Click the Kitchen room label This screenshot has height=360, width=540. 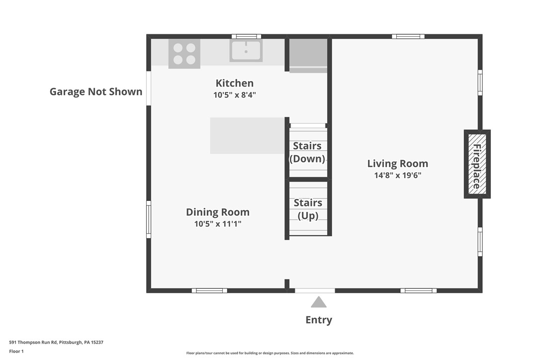[234, 83]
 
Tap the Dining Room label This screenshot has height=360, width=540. [218, 212]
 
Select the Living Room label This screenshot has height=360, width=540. [397, 163]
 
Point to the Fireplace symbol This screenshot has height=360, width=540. [477, 164]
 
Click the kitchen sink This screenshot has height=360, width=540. [246, 51]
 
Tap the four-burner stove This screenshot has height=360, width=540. [184, 54]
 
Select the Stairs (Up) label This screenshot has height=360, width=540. [308, 209]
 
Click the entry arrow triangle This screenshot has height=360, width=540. [319, 302]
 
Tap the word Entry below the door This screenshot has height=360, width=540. [319, 320]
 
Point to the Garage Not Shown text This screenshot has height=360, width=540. [96, 91]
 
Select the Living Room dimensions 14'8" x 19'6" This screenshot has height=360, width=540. [397, 175]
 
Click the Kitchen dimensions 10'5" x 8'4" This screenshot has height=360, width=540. [234, 94]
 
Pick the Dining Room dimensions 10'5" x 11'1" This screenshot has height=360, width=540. [218, 224]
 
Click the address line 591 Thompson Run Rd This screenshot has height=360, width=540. [56, 342]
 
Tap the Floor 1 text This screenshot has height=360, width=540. [16, 351]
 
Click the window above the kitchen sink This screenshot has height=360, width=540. [246, 36]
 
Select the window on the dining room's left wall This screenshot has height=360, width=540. [149, 219]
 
